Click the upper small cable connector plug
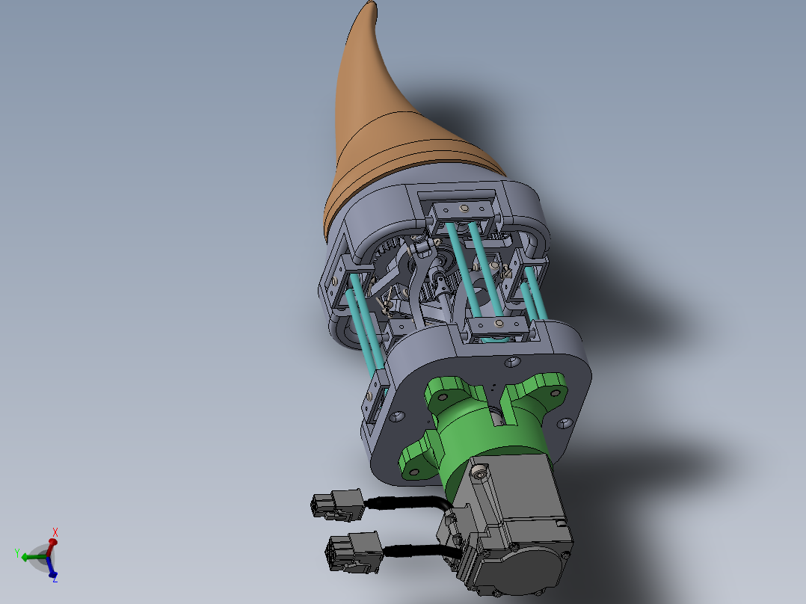click(x=337, y=505)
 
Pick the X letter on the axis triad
click(x=55, y=531)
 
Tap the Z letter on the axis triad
click(x=55, y=578)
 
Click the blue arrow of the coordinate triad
click(x=52, y=570)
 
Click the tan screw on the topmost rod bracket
click(x=464, y=208)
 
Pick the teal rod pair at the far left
click(x=362, y=321)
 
